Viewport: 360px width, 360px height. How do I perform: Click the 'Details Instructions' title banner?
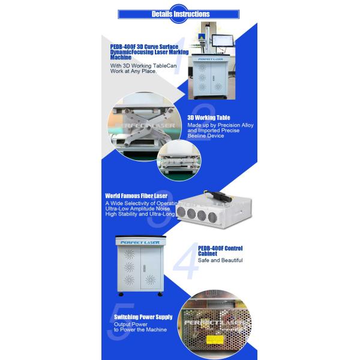pyautogui.click(x=180, y=13)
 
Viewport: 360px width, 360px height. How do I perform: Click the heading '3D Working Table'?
pyautogui.click(x=208, y=118)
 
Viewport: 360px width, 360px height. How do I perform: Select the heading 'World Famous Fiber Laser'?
pyautogui.click(x=136, y=196)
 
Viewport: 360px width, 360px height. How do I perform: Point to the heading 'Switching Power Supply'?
pyautogui.click(x=143, y=317)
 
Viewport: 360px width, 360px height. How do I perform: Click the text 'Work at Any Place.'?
pyautogui.click(x=133, y=71)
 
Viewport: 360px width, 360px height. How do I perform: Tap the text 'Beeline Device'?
pyautogui.click(x=206, y=136)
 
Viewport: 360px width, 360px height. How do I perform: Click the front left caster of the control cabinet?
pyautogui.click(x=122, y=295)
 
